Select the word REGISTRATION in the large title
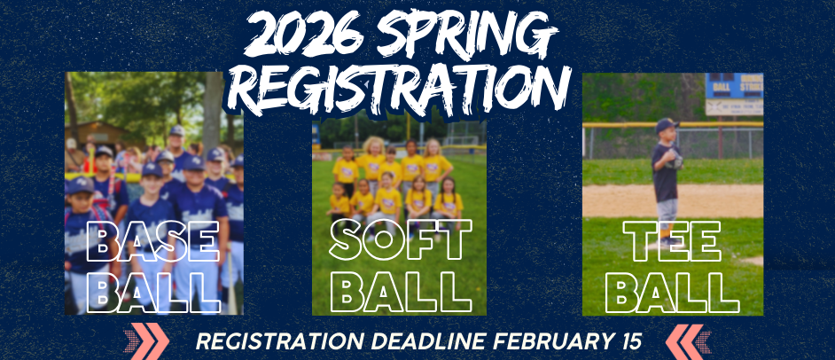(x=404, y=87)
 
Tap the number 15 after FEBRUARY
(x=626, y=341)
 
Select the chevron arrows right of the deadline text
(x=689, y=341)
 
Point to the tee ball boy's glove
(x=675, y=160)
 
